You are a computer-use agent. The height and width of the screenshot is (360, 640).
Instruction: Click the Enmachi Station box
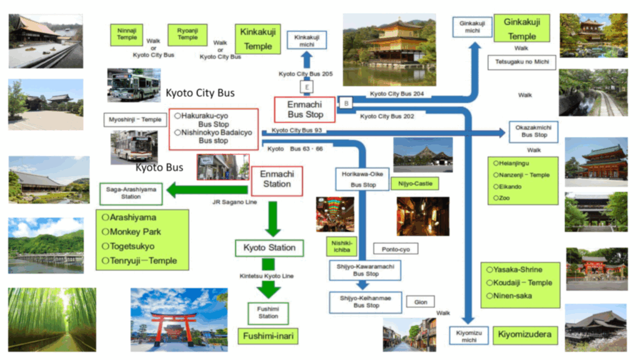[x=276, y=180]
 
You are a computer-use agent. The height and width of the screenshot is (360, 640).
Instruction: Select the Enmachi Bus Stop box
[x=304, y=109]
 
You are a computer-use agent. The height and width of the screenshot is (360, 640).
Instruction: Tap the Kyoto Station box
[x=269, y=247]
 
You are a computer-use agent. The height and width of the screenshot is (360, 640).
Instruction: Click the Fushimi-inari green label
[x=268, y=336]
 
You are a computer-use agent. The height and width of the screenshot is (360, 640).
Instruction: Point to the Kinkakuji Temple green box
[x=257, y=39]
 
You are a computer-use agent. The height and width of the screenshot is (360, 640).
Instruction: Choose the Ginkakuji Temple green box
[x=521, y=29]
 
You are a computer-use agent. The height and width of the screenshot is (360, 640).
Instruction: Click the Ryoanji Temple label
[x=187, y=34]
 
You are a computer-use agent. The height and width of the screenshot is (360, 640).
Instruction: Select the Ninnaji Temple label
[x=127, y=34]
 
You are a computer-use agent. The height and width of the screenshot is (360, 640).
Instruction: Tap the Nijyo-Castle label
[x=414, y=184]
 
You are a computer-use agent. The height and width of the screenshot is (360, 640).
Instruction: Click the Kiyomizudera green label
[x=525, y=335]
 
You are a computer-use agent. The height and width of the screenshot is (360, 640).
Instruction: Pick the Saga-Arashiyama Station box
[x=131, y=193]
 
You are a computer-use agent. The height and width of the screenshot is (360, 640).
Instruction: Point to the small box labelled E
[x=306, y=87]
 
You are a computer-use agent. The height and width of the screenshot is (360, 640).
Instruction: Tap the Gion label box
[x=421, y=302]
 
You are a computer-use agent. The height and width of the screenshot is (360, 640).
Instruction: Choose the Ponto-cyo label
[x=396, y=249]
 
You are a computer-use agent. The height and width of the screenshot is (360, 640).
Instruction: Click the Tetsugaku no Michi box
[x=521, y=62]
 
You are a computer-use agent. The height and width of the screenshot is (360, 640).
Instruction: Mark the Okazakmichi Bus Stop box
[x=534, y=131]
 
